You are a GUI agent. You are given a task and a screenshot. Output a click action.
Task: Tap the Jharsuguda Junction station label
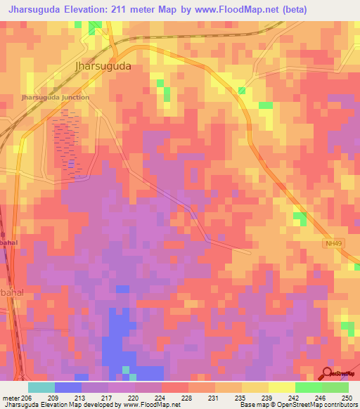56,97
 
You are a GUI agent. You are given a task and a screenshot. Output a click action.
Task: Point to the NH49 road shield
333,243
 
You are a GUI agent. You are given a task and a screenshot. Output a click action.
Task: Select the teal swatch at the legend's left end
41,387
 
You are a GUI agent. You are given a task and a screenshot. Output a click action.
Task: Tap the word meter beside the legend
10,398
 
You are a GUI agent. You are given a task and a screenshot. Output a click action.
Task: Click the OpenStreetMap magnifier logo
328,373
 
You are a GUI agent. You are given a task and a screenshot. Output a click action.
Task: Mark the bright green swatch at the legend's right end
335,387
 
